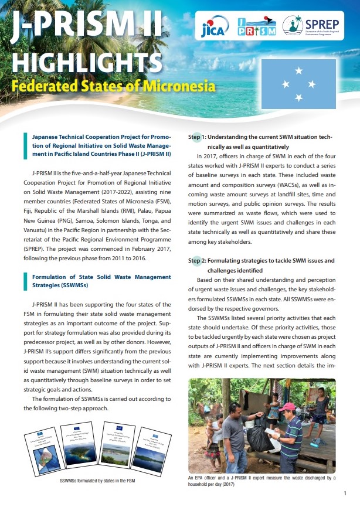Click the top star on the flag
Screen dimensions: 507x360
pos(298,71)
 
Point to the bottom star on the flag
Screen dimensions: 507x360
pos(298,97)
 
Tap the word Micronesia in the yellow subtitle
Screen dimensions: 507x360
pos(178,87)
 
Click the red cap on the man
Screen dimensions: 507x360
pos(287,407)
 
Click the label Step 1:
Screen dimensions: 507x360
pos(196,137)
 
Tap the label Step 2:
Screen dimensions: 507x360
pos(196,260)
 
